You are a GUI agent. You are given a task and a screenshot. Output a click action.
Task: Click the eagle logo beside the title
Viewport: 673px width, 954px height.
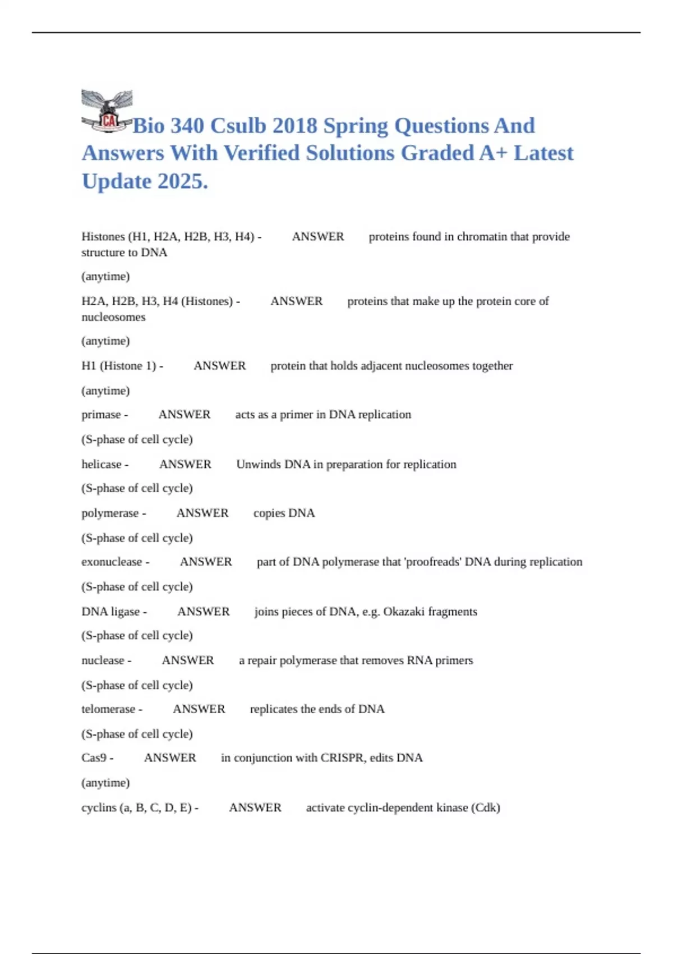pos(107,111)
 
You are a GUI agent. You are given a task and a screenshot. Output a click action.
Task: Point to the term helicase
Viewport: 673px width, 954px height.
pos(102,464)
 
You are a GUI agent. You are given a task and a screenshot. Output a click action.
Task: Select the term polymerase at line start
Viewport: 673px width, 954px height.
pos(110,513)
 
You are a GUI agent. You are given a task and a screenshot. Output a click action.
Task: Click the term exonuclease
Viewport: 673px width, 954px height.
pos(112,562)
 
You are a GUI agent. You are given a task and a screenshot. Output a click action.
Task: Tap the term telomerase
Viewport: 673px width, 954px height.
pos(108,709)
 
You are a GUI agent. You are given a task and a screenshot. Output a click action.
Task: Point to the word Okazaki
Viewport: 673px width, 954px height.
pos(403,611)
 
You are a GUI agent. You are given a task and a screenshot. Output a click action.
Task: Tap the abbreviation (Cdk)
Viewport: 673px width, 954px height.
pos(485,808)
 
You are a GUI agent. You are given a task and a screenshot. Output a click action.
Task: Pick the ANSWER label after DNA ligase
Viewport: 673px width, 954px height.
pos(203,611)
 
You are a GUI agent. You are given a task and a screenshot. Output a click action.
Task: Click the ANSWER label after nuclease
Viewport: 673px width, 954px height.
pos(188,660)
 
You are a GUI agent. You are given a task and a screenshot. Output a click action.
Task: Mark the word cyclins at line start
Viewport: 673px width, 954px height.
pos(98,808)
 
